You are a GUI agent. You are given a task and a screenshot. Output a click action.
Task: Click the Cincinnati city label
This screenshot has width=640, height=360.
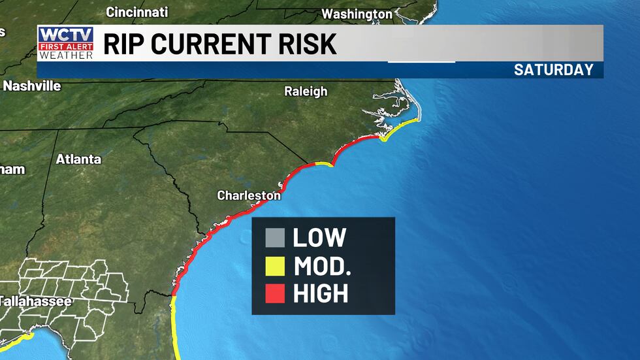click(x=136, y=12)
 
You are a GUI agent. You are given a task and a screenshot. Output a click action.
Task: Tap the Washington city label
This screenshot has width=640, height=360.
click(x=357, y=14)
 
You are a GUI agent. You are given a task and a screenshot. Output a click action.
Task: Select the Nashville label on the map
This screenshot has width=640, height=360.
click(x=32, y=86)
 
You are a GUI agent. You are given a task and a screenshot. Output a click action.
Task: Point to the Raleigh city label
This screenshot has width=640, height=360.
click(x=306, y=91)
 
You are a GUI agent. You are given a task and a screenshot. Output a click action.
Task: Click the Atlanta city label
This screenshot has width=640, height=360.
click(x=78, y=159)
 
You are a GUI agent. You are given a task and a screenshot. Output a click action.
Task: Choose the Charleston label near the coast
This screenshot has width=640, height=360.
click(x=249, y=195)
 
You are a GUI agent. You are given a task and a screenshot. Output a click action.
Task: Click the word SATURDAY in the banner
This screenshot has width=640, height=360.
click(x=553, y=70)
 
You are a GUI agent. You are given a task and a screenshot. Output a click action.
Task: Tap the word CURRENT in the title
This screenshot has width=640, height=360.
click(x=213, y=44)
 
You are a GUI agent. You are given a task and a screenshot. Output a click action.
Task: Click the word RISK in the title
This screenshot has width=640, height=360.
click(x=309, y=44)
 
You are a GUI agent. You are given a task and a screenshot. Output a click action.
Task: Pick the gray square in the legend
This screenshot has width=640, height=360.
click(x=275, y=238)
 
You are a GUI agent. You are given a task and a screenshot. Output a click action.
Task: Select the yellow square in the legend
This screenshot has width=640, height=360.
click(x=275, y=266)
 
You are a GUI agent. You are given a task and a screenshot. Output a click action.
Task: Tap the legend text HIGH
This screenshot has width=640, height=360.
click(x=321, y=294)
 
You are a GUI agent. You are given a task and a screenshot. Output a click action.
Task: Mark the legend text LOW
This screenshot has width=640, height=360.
click(x=319, y=238)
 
